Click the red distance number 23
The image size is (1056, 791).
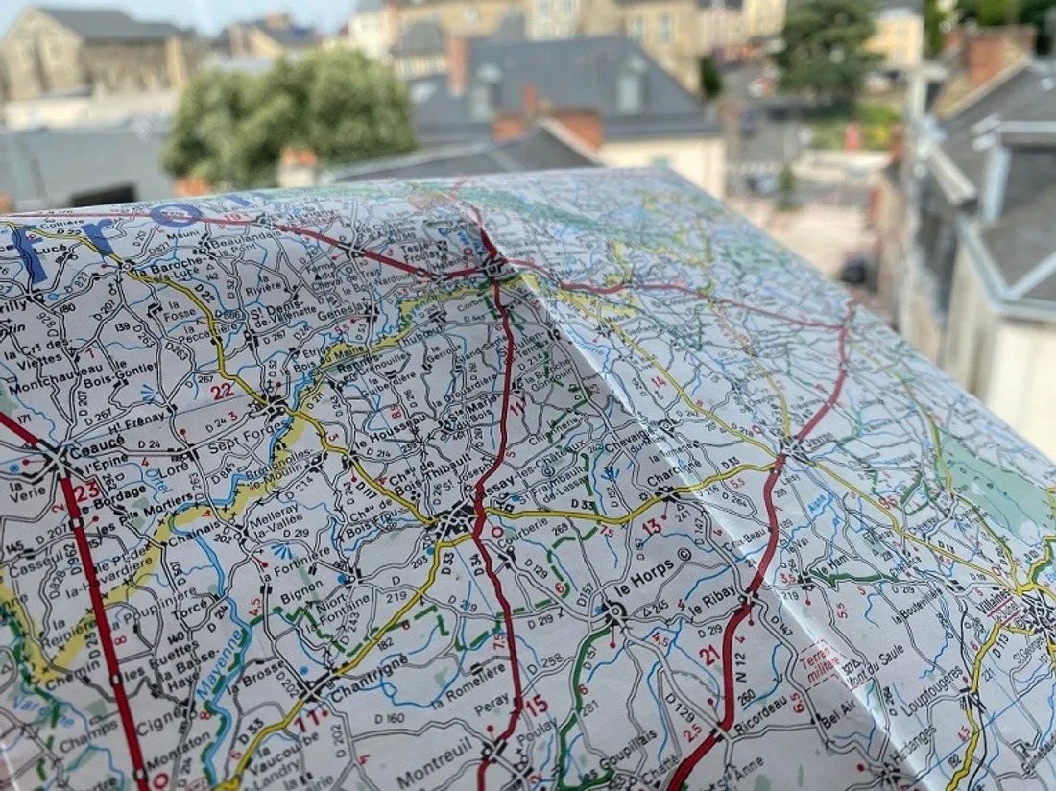(x=86, y=490)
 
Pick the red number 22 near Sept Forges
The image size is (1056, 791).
(x=222, y=390)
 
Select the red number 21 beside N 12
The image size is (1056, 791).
(x=709, y=656)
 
